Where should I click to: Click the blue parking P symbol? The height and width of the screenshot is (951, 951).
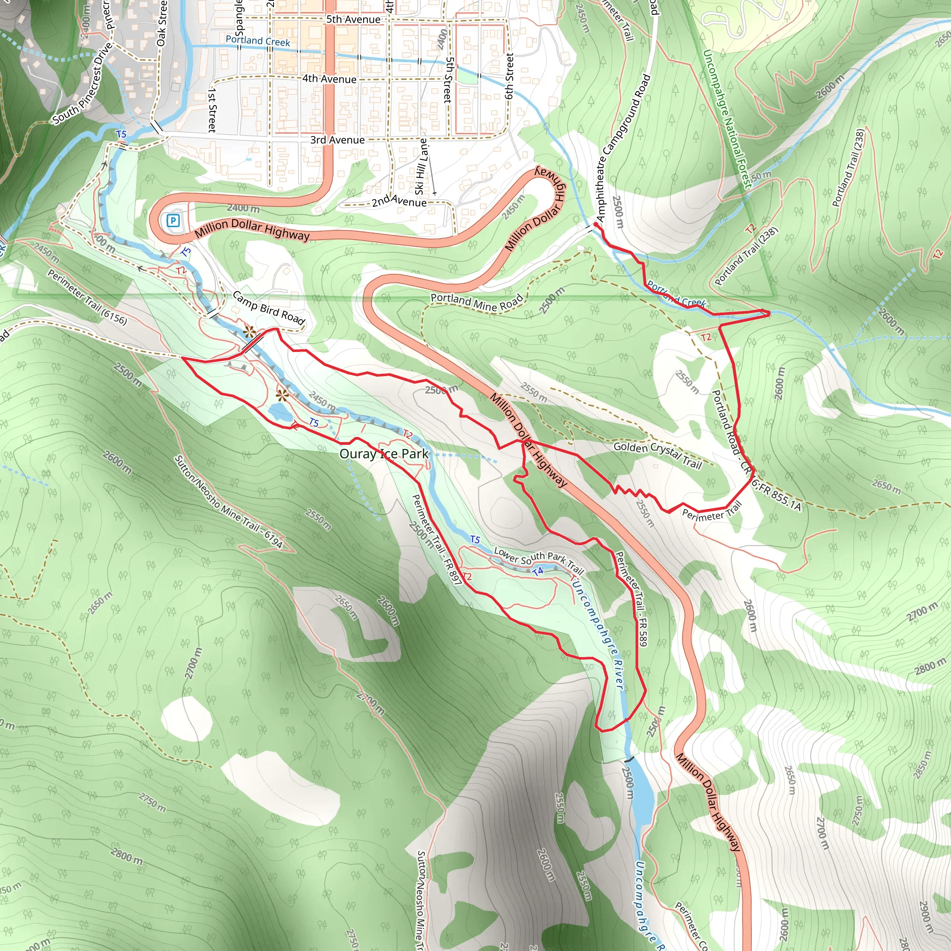(173, 221)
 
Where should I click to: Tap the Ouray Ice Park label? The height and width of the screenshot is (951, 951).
(384, 454)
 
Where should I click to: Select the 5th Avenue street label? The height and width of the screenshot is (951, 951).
(353, 20)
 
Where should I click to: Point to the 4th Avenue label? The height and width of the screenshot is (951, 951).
(329, 79)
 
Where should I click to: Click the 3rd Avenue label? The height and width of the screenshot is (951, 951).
(337, 140)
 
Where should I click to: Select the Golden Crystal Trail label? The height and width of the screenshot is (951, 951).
(657, 454)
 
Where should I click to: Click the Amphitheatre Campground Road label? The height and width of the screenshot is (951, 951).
(623, 148)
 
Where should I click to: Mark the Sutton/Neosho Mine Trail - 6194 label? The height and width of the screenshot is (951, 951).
(228, 501)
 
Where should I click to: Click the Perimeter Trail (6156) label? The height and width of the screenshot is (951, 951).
(88, 297)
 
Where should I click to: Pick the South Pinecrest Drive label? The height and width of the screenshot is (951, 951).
(83, 83)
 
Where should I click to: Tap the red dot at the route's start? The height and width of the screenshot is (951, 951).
(596, 224)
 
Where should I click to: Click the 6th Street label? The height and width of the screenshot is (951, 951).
(509, 76)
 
